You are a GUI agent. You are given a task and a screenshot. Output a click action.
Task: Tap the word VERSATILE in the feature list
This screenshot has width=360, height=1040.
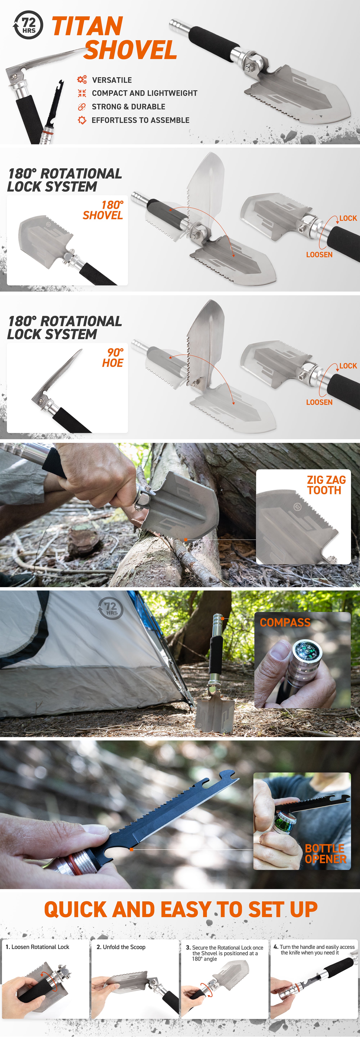[112, 80]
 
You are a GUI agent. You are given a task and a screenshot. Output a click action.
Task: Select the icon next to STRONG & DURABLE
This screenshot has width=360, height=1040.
[82, 107]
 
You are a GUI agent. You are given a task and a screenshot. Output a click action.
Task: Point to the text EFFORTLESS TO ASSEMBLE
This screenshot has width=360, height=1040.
[140, 120]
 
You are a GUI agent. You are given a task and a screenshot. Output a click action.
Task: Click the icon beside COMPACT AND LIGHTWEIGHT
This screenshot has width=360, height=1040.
[82, 93]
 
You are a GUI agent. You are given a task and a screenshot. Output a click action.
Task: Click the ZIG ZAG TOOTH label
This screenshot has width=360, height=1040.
[326, 485]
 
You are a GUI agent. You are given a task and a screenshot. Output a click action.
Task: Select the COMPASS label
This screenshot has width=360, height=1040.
[285, 622]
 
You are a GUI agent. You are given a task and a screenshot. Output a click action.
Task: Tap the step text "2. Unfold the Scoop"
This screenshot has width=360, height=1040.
[121, 947]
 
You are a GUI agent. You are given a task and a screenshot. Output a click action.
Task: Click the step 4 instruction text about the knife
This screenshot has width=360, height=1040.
[314, 950]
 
